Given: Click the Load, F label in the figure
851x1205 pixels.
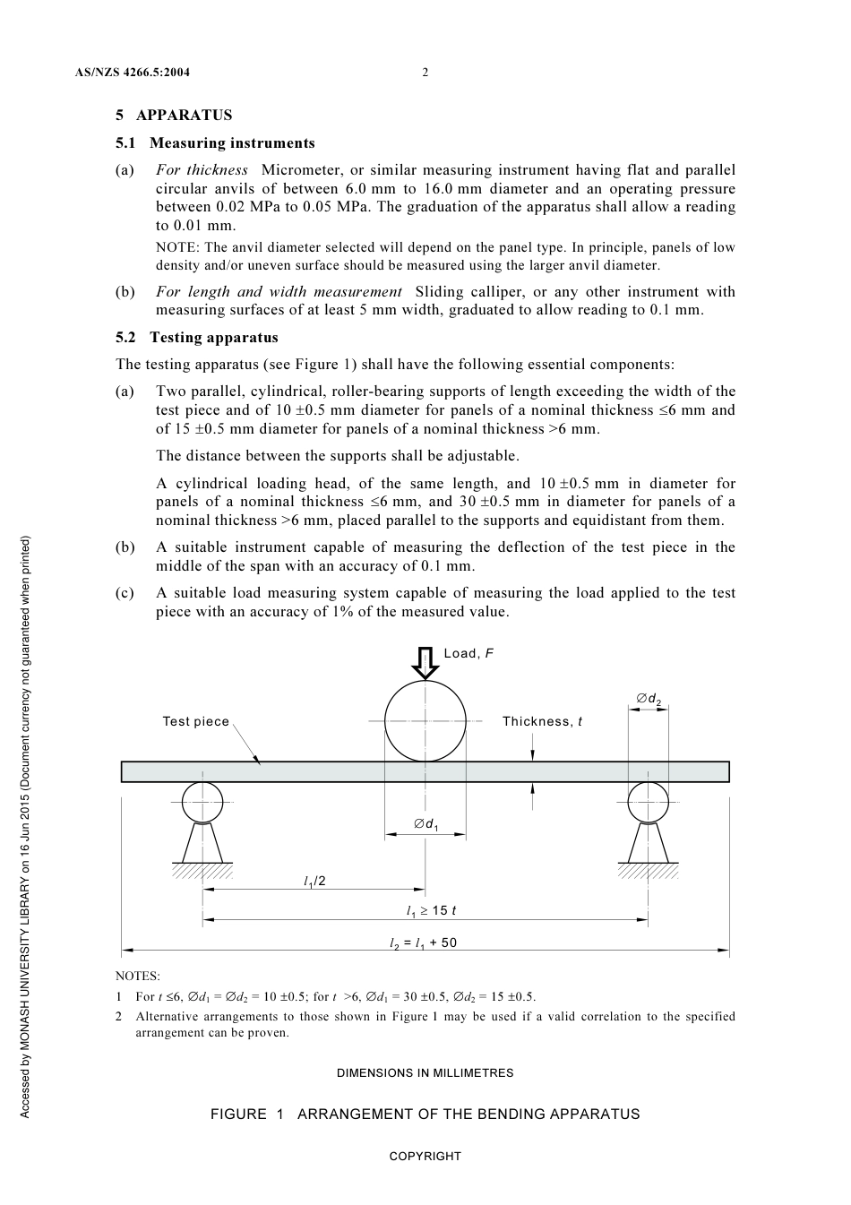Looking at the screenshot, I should pyautogui.click(x=468, y=653).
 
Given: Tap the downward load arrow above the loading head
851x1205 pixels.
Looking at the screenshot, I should pyautogui.click(x=425, y=662).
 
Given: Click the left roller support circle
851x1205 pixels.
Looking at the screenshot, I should pyautogui.click(x=202, y=802).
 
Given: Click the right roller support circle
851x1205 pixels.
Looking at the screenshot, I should pyautogui.click(x=648, y=802).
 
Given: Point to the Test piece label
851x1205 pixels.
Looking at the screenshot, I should pyautogui.click(x=195, y=721).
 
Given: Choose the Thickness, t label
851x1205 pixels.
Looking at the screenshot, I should pyautogui.click(x=542, y=721).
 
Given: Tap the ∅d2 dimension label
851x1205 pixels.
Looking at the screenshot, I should pyautogui.click(x=649, y=699).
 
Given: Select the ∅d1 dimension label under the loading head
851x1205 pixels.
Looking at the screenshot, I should pyautogui.click(x=425, y=824).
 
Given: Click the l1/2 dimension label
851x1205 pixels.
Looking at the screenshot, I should pyautogui.click(x=314, y=882).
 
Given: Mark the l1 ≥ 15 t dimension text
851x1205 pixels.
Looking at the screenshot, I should pyautogui.click(x=431, y=911).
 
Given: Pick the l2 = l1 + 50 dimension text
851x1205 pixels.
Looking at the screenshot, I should pyautogui.click(x=423, y=942).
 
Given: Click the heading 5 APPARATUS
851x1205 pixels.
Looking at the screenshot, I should pyautogui.click(x=174, y=115).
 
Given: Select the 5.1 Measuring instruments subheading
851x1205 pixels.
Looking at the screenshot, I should pyautogui.click(x=215, y=142).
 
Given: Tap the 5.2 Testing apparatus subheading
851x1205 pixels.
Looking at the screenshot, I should pyautogui.click(x=197, y=337).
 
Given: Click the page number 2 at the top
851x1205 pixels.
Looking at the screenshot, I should pyautogui.click(x=425, y=73).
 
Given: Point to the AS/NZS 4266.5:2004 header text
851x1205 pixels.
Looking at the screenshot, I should pyautogui.click(x=133, y=73).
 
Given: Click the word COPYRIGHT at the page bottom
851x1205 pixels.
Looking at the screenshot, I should pyautogui.click(x=425, y=1157).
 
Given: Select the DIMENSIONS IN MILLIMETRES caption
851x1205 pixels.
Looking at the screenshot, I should pyautogui.click(x=425, y=1072).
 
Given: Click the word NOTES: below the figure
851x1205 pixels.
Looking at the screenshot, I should pyautogui.click(x=138, y=976).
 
